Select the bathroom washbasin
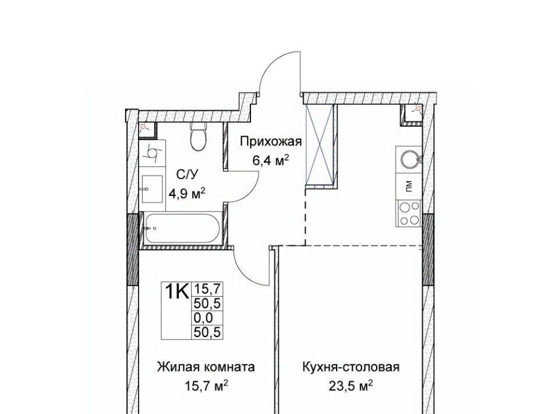tap(151, 188)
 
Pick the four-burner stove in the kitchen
tap(409, 214)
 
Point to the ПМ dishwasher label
tap(409, 186)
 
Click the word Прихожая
tap(271, 142)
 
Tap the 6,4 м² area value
tap(270, 160)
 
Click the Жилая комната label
tap(206, 367)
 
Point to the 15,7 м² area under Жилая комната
tap(206, 386)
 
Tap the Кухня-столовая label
tap(351, 367)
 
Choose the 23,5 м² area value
tap(351, 386)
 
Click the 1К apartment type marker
tap(176, 291)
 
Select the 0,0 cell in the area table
tap(203, 317)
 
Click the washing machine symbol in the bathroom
tap(153, 153)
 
